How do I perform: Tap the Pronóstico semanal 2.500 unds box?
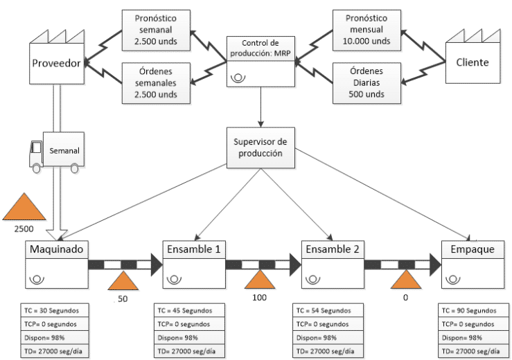point(156,30)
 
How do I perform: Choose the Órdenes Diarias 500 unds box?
point(367,83)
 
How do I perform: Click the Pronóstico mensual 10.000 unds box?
point(367,30)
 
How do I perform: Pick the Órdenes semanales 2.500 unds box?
point(156,83)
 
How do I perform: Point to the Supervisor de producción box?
point(261,148)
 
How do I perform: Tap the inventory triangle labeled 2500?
point(24,206)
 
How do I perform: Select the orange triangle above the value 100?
point(260,280)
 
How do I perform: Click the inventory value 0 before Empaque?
point(405,298)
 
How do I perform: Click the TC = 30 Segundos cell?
point(55,310)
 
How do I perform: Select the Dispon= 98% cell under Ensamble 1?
point(189,338)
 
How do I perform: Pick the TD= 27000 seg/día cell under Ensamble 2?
point(328,352)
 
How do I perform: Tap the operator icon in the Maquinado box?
point(37,280)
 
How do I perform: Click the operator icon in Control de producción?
point(238,78)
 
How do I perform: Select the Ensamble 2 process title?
point(333,249)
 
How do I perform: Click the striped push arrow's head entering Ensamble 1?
point(156,264)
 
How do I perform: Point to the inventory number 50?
point(123,299)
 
